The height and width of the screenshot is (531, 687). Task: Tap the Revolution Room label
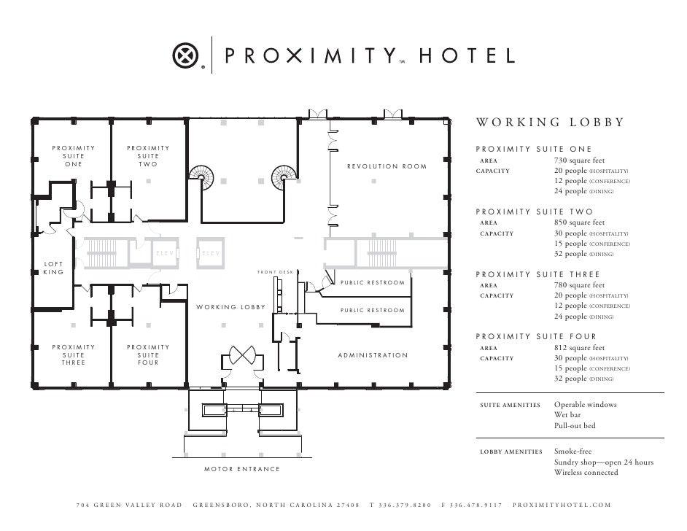pos(387,166)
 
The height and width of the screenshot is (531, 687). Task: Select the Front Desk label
pos(275,272)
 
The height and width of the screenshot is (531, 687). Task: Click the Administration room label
pos(373,355)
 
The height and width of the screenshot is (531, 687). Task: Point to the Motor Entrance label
pos(241,469)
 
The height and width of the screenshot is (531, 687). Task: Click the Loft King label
pos(53,268)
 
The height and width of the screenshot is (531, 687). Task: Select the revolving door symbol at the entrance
pos(241,357)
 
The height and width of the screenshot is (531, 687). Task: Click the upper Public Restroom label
pos(372,283)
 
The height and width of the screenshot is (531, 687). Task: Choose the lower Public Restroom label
pos(372,311)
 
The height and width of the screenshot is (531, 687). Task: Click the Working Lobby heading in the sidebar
pos(550,123)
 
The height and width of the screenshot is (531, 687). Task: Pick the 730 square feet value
pos(579,160)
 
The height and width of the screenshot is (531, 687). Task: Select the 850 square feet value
pos(579,223)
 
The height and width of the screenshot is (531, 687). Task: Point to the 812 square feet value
pos(579,349)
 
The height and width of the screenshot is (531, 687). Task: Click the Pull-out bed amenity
pos(575,426)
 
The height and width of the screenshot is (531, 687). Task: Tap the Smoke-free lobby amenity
pos(573,451)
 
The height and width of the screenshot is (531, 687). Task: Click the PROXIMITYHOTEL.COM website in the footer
pos(562,505)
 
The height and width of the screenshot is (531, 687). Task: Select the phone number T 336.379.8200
pos(400,505)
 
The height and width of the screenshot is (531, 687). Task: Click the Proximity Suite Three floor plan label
pos(73,355)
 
